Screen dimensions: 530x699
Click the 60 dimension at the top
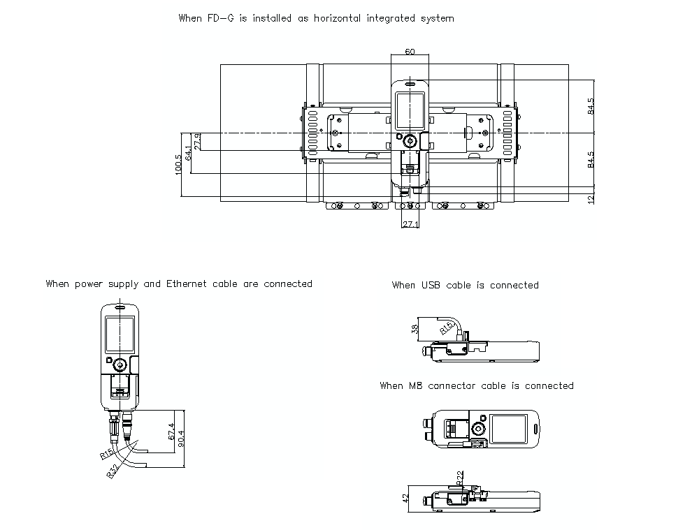point(410,52)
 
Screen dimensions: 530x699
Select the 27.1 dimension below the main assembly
point(410,224)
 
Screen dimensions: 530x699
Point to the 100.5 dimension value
point(178,164)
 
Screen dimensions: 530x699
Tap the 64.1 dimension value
point(188,153)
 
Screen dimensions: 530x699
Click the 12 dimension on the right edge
point(591,199)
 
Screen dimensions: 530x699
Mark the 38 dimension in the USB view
point(415,328)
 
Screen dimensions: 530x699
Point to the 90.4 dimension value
point(182,439)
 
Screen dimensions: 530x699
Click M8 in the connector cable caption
point(417,385)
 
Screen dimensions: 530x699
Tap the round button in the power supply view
point(119,364)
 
